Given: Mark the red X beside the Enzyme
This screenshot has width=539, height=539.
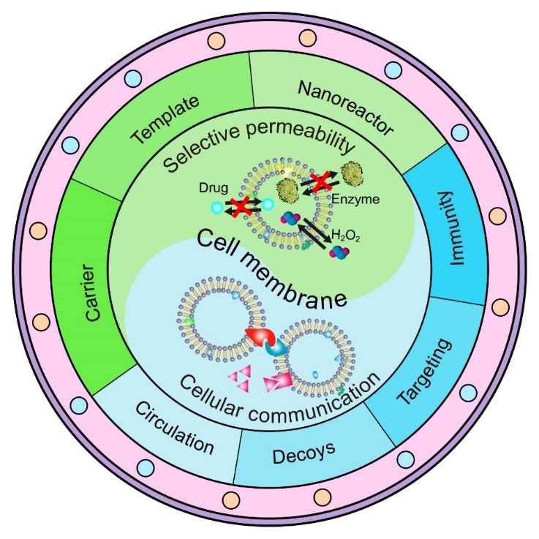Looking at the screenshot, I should click(x=320, y=184).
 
